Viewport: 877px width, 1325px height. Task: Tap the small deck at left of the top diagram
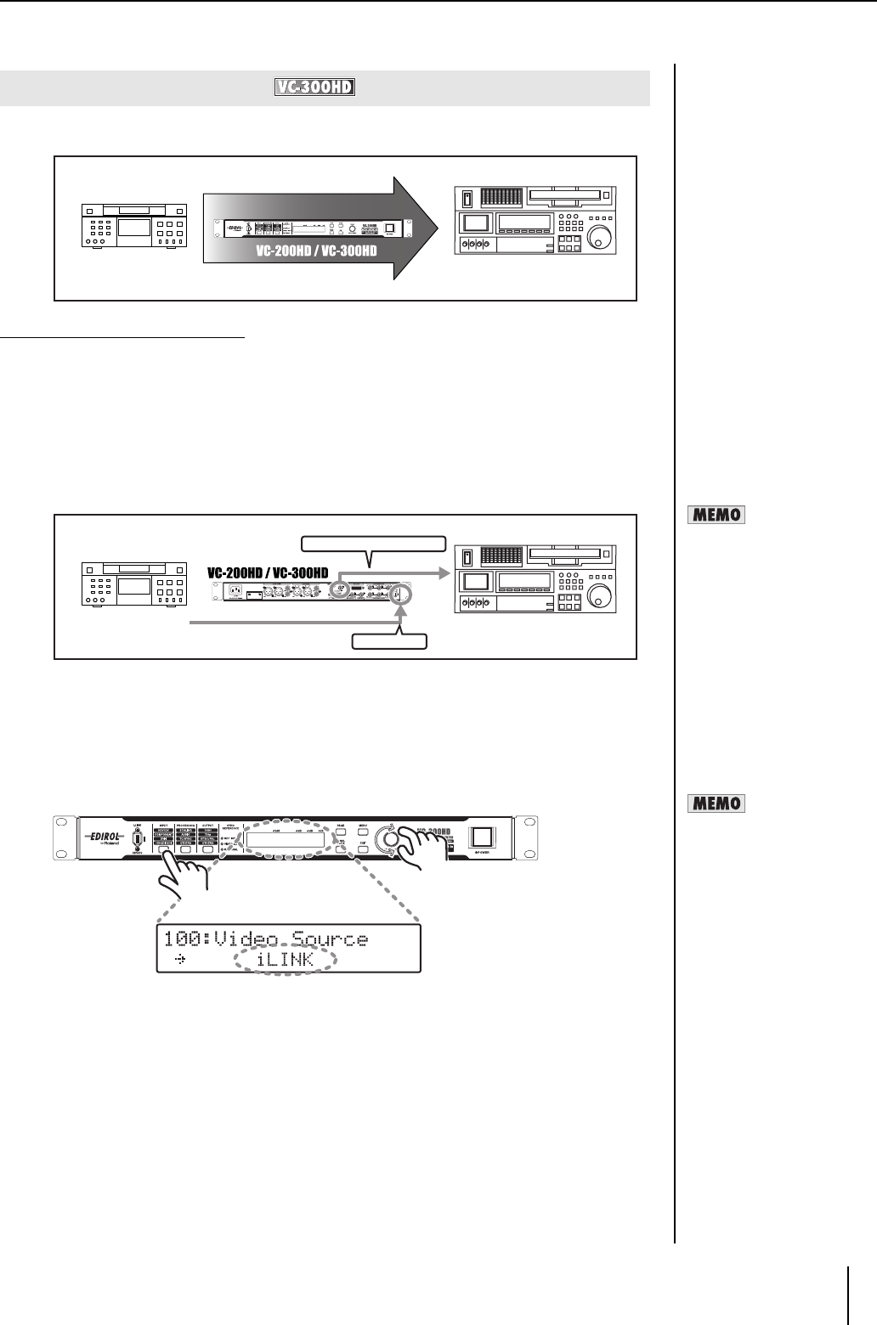pyautogui.click(x=133, y=225)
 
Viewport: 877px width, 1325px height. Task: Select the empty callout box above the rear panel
pyautogui.click(x=373, y=543)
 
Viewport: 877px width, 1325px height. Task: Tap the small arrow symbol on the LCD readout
pyautogui.click(x=178, y=963)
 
